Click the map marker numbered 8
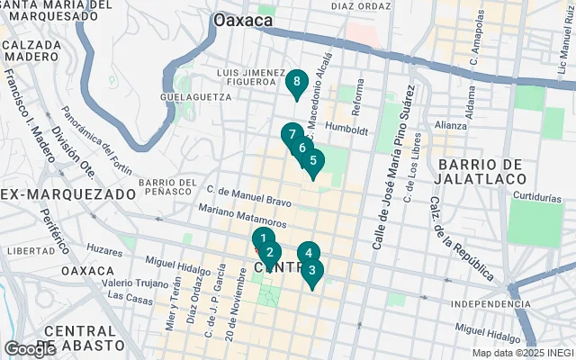[296, 82]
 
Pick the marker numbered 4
[309, 254]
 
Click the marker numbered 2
[270, 253]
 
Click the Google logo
[30, 348]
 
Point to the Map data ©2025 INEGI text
[522, 353]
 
